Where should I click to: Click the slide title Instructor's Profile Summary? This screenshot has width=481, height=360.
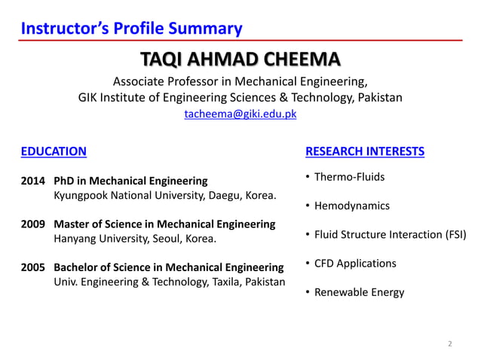[132, 29]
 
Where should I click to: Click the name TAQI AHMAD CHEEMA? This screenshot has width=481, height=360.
[240, 60]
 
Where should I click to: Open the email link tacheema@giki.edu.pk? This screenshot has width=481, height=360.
[240, 114]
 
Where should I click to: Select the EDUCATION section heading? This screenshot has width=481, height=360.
[54, 151]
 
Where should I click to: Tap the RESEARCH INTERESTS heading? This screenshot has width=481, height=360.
[365, 151]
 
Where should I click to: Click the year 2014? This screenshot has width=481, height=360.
[32, 181]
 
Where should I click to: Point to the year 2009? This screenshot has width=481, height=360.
[32, 224]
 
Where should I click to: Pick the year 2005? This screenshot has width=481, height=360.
[32, 267]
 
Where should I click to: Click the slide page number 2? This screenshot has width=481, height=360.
[450, 344]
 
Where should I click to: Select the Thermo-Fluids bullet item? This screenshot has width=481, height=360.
[349, 177]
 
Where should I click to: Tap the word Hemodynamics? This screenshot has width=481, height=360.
[352, 206]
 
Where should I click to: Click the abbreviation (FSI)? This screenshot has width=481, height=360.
[452, 234]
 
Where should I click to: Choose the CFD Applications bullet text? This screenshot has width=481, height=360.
[355, 263]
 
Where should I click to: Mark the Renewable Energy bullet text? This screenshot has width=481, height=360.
[359, 292]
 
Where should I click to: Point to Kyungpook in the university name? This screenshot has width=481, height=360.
[79, 195]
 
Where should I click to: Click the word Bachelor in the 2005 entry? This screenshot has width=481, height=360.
[75, 267]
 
